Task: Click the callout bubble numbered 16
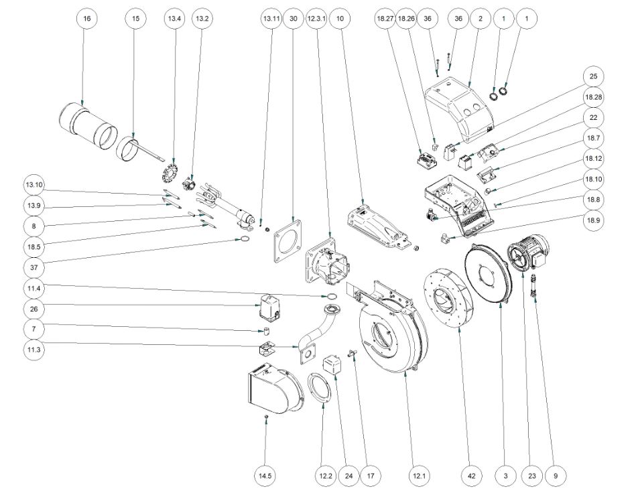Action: [x=86, y=19]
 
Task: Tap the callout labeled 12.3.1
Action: [x=316, y=19]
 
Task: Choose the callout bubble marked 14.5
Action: [x=265, y=476]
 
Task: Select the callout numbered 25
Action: [x=593, y=76]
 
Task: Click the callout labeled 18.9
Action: [x=593, y=221]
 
